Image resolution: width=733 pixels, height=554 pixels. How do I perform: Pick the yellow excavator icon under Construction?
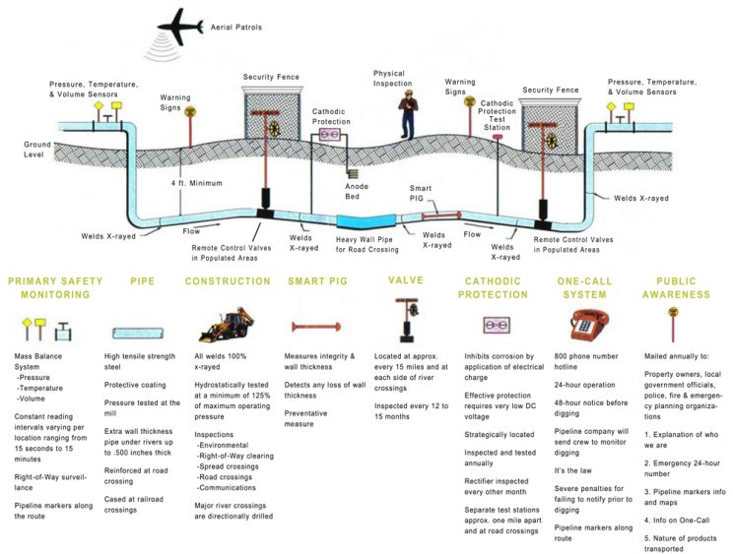(223, 326)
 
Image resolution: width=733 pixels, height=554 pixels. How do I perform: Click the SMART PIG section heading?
(316, 281)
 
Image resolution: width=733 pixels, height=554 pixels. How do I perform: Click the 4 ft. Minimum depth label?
(197, 183)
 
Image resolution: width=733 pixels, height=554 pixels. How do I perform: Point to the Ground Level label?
(37, 150)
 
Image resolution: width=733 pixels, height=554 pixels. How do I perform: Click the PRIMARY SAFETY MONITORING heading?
(55, 287)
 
